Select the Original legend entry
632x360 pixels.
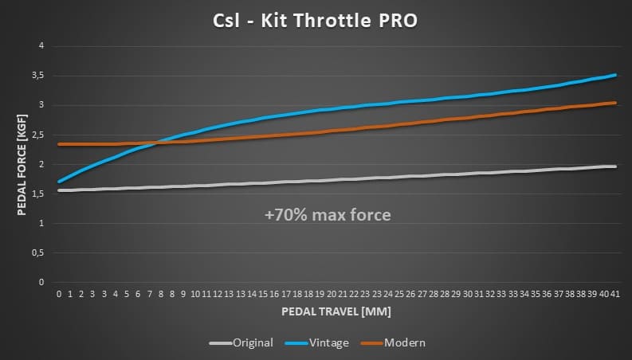[x=253, y=342]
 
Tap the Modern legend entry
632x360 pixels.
[x=404, y=342]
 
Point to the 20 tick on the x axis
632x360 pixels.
[x=331, y=293]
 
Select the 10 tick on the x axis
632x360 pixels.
[x=195, y=293]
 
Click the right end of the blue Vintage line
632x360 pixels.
[x=615, y=75]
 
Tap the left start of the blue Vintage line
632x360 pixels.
[x=59, y=182]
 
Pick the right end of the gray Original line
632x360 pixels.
[x=615, y=166]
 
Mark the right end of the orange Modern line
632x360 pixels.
[x=615, y=102]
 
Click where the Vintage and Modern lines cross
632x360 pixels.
[x=157, y=143]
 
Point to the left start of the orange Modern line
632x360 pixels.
[x=59, y=144]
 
